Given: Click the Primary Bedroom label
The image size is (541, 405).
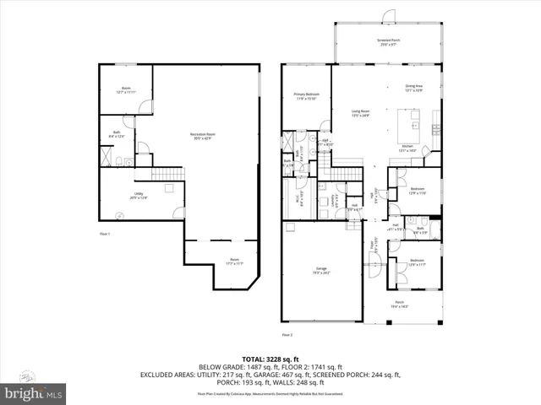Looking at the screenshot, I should pos(305,95).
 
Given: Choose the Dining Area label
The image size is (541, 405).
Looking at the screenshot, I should pos(413,87).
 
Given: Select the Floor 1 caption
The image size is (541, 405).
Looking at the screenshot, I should pos(105,232).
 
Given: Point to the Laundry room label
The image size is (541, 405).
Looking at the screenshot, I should pos(337,201).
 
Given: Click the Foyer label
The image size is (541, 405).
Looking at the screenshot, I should pos(370,249).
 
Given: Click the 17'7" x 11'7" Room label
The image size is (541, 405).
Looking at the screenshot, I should pos(233,262).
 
